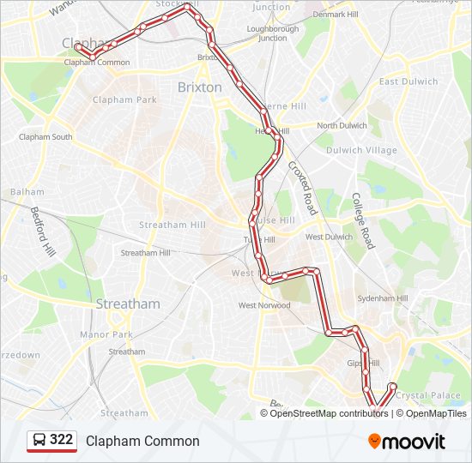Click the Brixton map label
[199, 87]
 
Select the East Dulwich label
[408, 81]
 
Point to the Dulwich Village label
[369, 150]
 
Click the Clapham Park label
[134, 99]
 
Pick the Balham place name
[27, 191]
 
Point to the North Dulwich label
[342, 126]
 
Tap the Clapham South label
[45, 136]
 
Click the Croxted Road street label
[302, 188]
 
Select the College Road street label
[363, 219]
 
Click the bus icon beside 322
[39, 441]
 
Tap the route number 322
[61, 440]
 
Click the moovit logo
[407, 442]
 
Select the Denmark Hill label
[334, 15]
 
